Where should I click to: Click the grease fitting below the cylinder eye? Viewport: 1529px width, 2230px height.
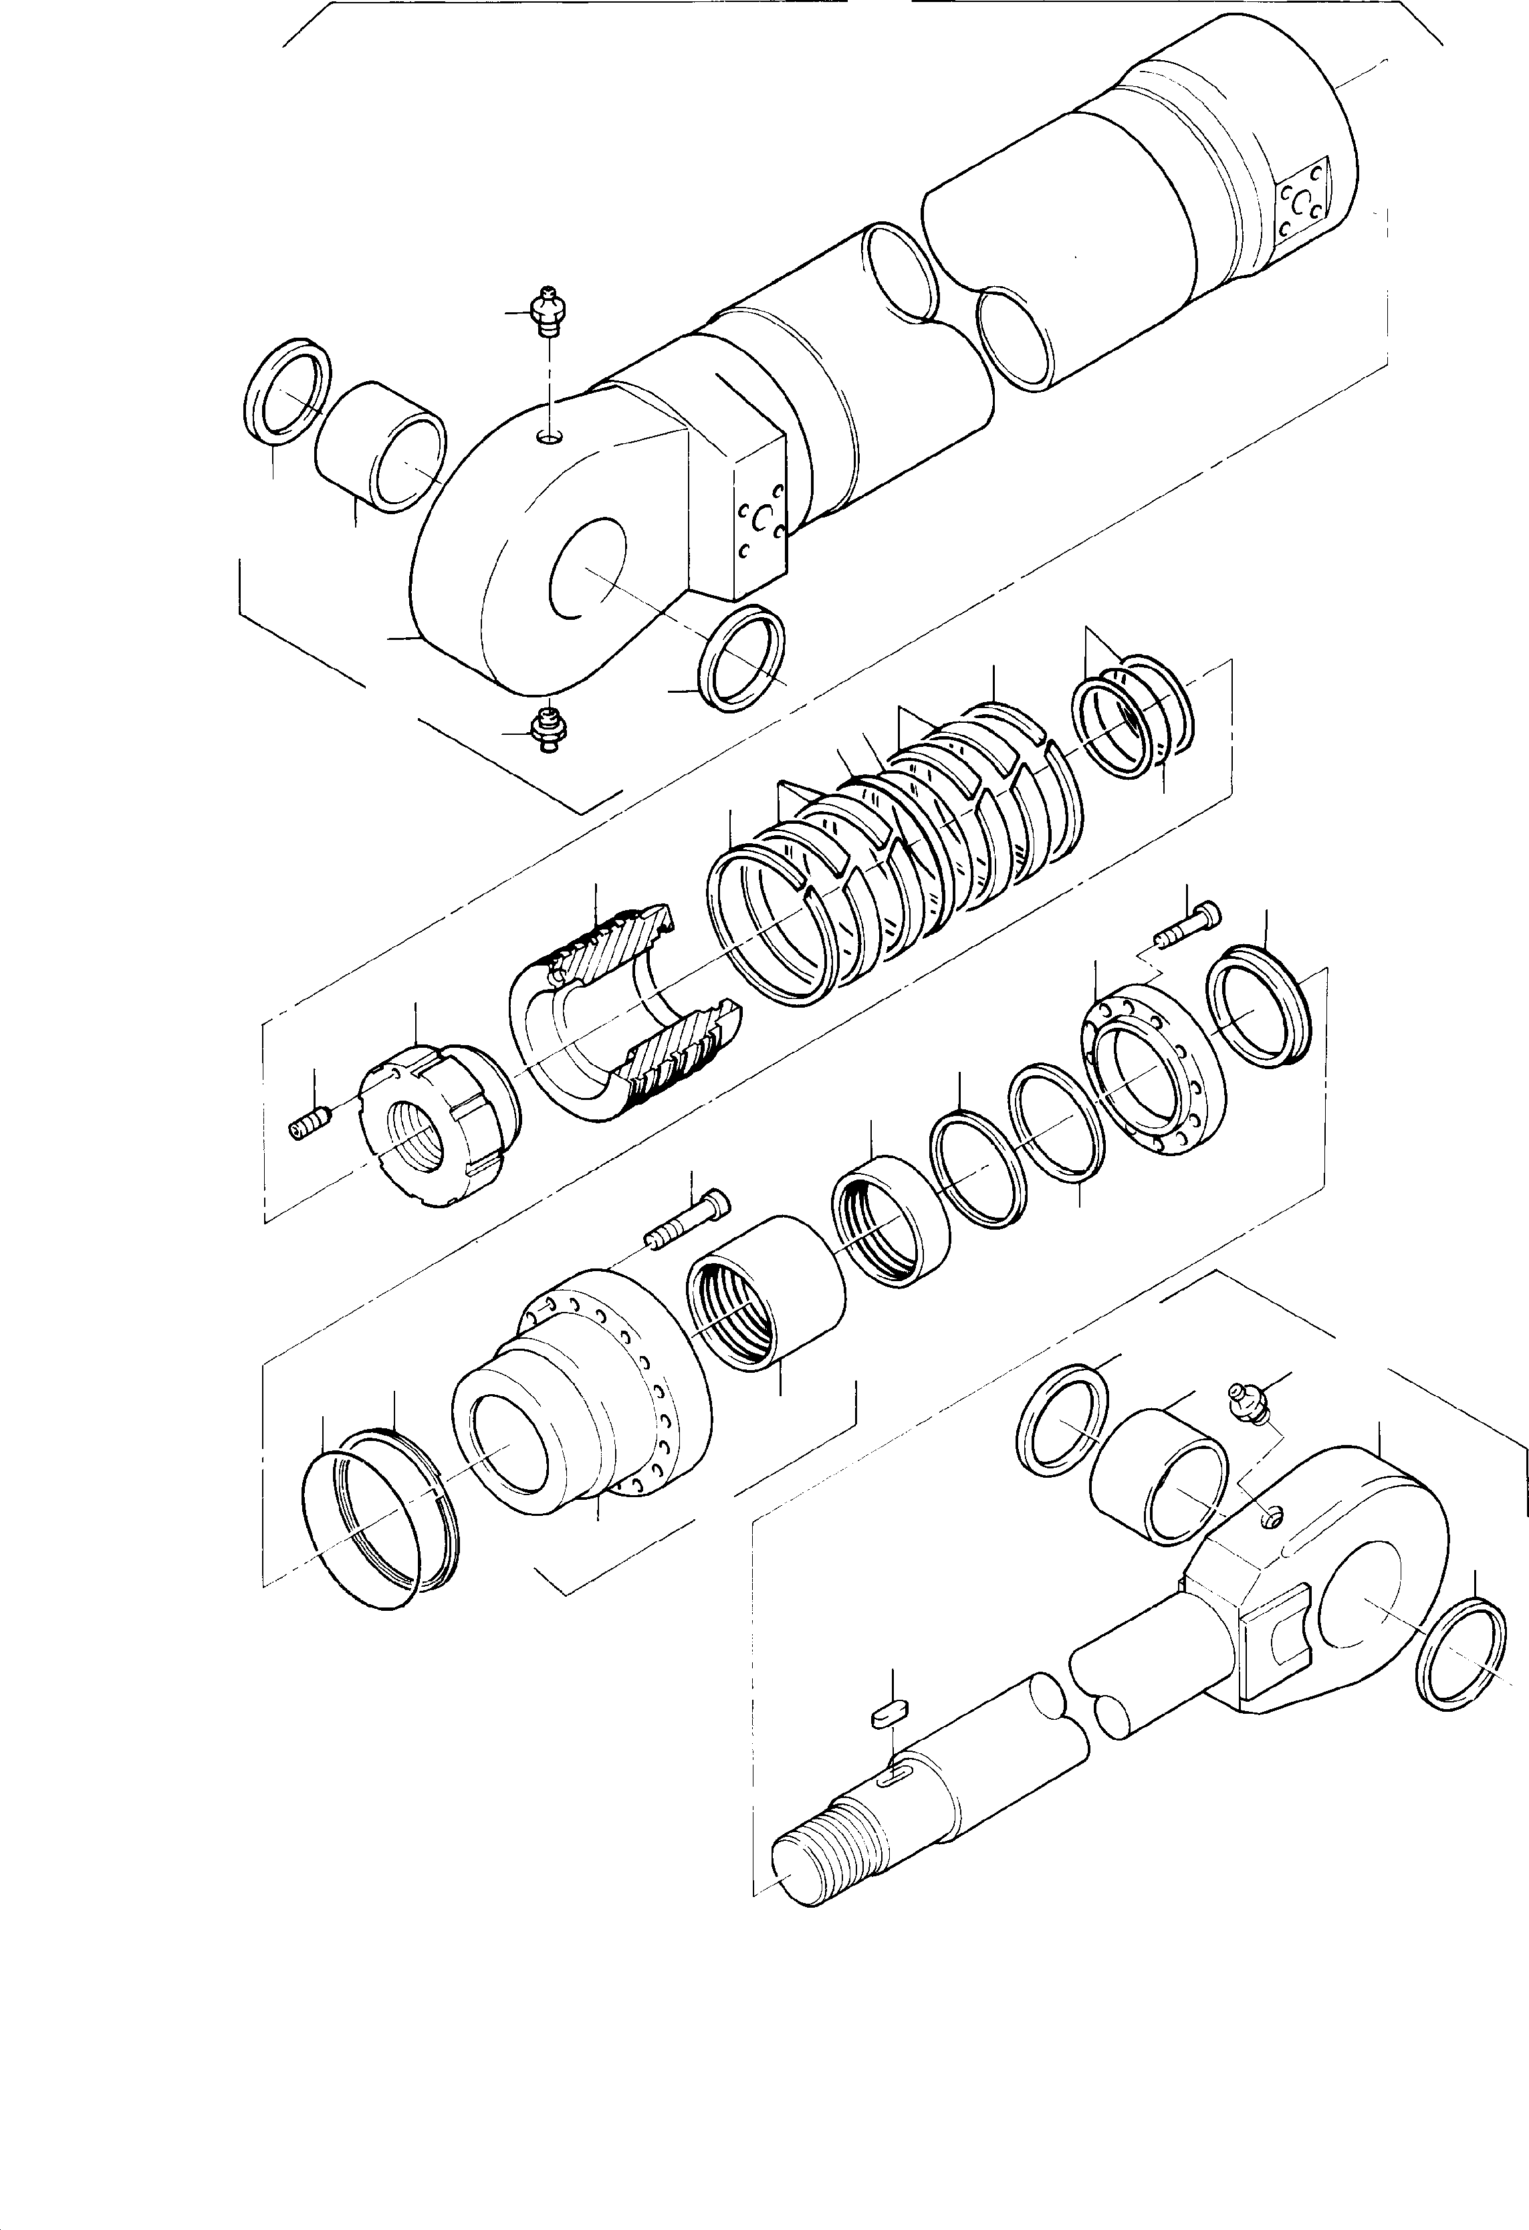(548, 731)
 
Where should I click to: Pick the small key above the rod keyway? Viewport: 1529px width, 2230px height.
(889, 1714)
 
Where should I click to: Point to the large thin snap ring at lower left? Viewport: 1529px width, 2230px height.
(359, 1535)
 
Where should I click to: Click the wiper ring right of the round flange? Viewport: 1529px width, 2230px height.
(1257, 1004)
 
